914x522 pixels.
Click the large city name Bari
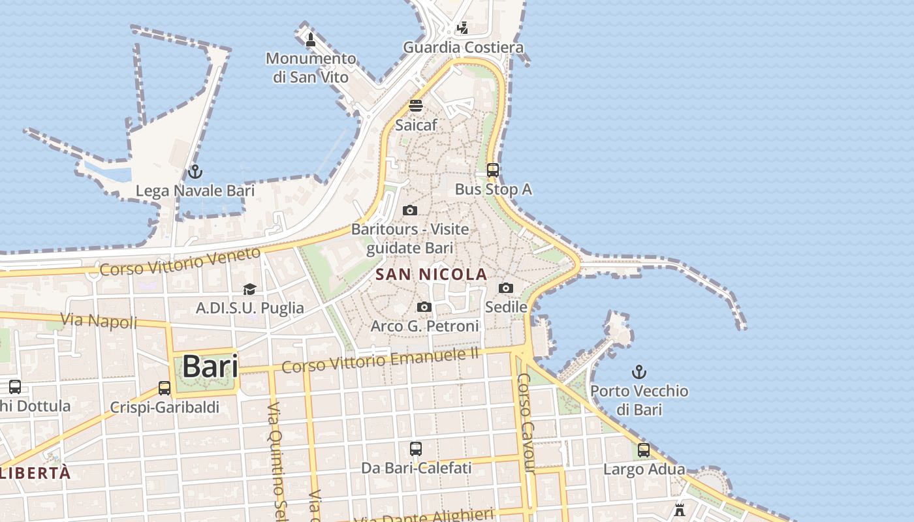pos(210,366)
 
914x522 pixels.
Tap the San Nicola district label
pos(432,274)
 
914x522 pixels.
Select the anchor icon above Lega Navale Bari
pos(195,172)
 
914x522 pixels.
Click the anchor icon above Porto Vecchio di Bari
pos(639,372)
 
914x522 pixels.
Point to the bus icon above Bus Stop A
pos(493,170)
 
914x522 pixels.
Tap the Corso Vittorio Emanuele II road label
pos(381,360)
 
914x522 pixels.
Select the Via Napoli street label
pos(99,320)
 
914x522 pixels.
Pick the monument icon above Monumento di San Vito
pos(311,40)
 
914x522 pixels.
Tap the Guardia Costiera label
pos(463,48)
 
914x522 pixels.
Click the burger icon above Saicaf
pos(416,105)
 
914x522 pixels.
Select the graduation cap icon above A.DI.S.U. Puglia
pos(249,289)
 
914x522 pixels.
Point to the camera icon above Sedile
pos(505,288)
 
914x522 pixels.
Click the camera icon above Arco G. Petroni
pos(424,307)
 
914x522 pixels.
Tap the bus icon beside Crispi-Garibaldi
pos(165,388)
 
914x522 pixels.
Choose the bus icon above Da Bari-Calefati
pos(416,449)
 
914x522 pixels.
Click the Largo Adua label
pos(644,469)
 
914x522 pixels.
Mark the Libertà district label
pos(36,473)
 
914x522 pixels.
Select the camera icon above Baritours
pos(410,210)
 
